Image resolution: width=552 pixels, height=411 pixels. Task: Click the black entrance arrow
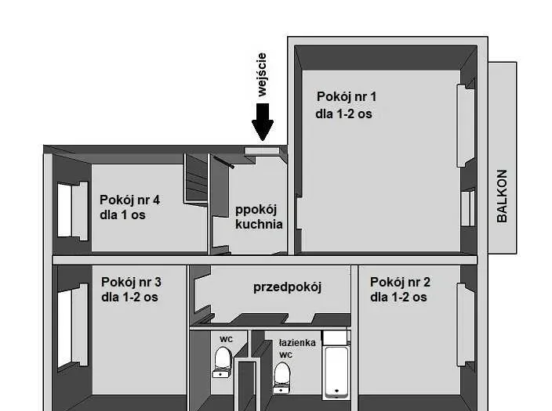point(263,122)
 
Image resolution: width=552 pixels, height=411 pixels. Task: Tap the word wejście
point(262,74)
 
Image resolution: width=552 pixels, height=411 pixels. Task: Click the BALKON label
point(502,196)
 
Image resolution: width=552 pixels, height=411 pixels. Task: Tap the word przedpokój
point(287,287)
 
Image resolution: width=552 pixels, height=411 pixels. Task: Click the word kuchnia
point(259,225)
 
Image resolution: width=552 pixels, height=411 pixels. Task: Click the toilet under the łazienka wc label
point(282,377)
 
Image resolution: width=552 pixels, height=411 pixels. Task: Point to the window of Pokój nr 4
point(72,211)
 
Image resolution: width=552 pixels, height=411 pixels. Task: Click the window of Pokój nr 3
point(72,325)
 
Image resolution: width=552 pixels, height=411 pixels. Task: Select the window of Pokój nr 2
point(466,325)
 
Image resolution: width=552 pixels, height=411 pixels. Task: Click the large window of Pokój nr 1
point(466,125)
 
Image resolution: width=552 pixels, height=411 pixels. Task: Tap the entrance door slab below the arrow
point(262,151)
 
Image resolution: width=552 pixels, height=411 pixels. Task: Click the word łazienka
point(297,343)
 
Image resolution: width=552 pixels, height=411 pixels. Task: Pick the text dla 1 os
point(122,215)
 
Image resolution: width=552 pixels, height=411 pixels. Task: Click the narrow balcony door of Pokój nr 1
point(468,209)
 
